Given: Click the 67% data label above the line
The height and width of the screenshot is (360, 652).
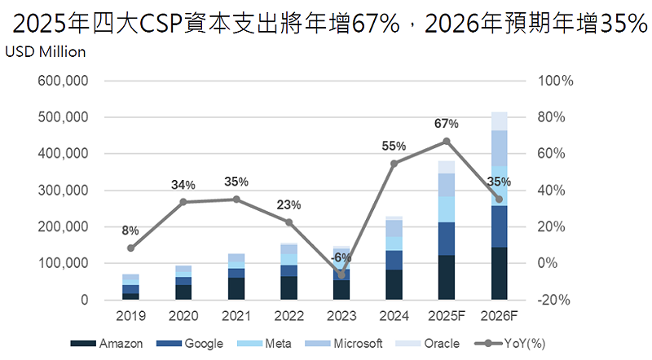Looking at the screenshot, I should [446, 124].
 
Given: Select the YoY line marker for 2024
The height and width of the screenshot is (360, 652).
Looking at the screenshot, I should [394, 164].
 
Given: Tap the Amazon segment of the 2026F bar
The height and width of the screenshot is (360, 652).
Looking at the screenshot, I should [500, 274].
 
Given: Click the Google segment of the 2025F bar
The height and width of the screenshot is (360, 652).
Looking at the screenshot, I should [447, 239].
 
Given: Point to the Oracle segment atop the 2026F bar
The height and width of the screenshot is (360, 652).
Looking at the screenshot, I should [500, 121].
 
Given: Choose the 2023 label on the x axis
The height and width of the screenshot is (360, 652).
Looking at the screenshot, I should [341, 314].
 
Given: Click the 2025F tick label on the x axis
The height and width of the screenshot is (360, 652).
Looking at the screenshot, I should [447, 314].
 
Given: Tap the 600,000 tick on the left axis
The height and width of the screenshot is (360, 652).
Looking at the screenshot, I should [62, 81].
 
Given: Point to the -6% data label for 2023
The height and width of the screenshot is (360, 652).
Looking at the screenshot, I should [341, 257].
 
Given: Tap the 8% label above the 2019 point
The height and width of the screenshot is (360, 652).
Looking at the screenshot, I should [130, 230].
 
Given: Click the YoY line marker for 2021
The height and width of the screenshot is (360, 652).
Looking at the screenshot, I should [236, 200].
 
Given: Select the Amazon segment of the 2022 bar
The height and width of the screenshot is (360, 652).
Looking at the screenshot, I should [289, 288].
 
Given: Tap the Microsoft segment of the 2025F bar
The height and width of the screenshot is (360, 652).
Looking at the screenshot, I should [447, 185].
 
